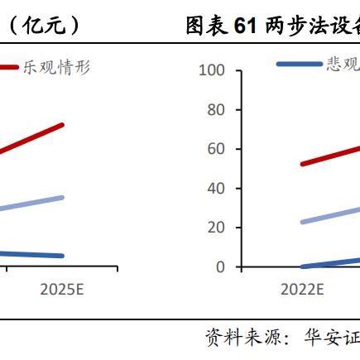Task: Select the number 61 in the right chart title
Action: coord(242,26)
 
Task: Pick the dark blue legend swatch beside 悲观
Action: coord(299,64)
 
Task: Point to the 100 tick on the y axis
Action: coord(213,70)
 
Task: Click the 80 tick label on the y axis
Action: coord(216,109)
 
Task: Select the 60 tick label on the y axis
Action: coord(216,149)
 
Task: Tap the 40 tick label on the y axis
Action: coord(216,188)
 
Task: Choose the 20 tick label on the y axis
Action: coord(216,228)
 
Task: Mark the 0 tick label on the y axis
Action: coord(220,266)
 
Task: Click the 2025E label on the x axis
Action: coord(62,290)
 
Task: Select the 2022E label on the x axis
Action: coord(302,290)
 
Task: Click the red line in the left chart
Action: coord(33,138)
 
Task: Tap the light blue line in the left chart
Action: coord(33,203)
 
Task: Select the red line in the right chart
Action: coord(331,156)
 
